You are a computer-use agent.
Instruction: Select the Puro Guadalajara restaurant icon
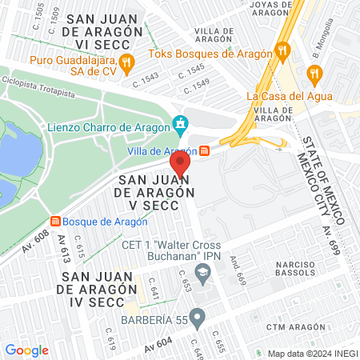pos(125,62)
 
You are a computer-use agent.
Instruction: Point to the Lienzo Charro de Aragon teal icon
pos(181,124)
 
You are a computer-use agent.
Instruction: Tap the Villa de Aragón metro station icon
pos(205,150)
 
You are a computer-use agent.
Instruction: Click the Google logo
pos(26,350)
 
